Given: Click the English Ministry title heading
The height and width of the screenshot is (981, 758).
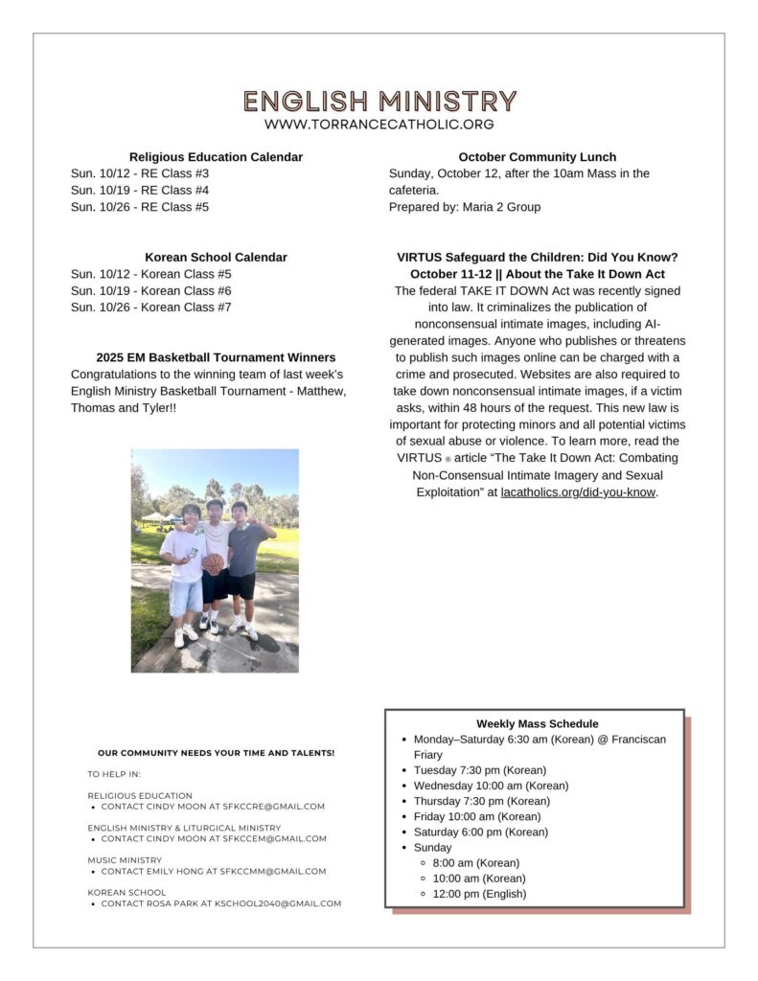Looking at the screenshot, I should (379, 101).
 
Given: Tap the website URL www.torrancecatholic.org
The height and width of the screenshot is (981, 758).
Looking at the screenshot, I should (379, 125).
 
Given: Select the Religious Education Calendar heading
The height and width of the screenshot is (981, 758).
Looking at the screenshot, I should (216, 157).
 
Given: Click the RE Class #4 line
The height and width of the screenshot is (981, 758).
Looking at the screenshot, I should (140, 190).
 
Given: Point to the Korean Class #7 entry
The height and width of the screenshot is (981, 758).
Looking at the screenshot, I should (151, 307).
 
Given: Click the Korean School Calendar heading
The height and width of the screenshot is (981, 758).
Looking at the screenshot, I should (216, 257).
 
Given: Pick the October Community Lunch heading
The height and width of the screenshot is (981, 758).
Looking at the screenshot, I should (537, 157).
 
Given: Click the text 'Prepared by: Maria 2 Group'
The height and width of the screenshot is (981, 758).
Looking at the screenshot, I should (465, 207).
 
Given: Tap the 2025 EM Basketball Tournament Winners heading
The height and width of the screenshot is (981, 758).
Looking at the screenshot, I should (216, 357).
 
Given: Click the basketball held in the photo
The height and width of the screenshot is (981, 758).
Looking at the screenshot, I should (213, 564).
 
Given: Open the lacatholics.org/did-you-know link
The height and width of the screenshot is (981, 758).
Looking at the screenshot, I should (578, 492).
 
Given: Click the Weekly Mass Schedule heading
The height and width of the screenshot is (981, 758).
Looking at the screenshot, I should (537, 724).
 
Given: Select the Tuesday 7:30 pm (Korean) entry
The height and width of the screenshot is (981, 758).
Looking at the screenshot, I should (479, 770).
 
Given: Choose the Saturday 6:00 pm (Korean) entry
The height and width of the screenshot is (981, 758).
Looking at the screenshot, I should (480, 832).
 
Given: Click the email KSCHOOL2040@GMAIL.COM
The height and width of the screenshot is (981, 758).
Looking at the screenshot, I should (286, 903).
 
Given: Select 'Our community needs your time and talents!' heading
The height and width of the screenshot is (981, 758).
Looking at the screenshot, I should (216, 753).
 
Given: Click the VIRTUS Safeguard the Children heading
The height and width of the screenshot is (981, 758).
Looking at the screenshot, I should (537, 257).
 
